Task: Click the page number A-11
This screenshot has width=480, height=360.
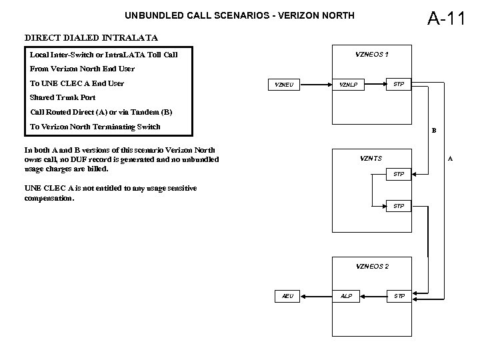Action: (445, 18)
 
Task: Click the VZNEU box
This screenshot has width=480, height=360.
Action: (285, 85)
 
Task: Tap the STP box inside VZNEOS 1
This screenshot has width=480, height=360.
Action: (399, 84)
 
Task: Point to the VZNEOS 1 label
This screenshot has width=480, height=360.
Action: (373, 54)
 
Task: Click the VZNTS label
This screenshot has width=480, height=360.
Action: (371, 158)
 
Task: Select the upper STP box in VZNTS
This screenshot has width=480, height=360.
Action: (399, 174)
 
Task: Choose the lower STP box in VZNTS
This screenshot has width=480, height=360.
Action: (399, 206)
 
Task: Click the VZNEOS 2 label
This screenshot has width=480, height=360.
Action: (373, 266)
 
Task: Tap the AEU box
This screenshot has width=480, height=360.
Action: (287, 295)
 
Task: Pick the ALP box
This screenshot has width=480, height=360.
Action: (347, 295)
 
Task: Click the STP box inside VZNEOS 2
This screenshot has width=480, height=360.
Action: (399, 295)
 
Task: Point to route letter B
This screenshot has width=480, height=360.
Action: (433, 131)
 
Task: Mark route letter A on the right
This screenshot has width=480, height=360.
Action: (450, 159)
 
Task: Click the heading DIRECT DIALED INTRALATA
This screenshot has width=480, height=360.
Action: (91, 37)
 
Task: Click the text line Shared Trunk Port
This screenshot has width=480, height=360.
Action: (63, 97)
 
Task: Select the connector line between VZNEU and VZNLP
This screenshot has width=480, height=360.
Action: (316, 85)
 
